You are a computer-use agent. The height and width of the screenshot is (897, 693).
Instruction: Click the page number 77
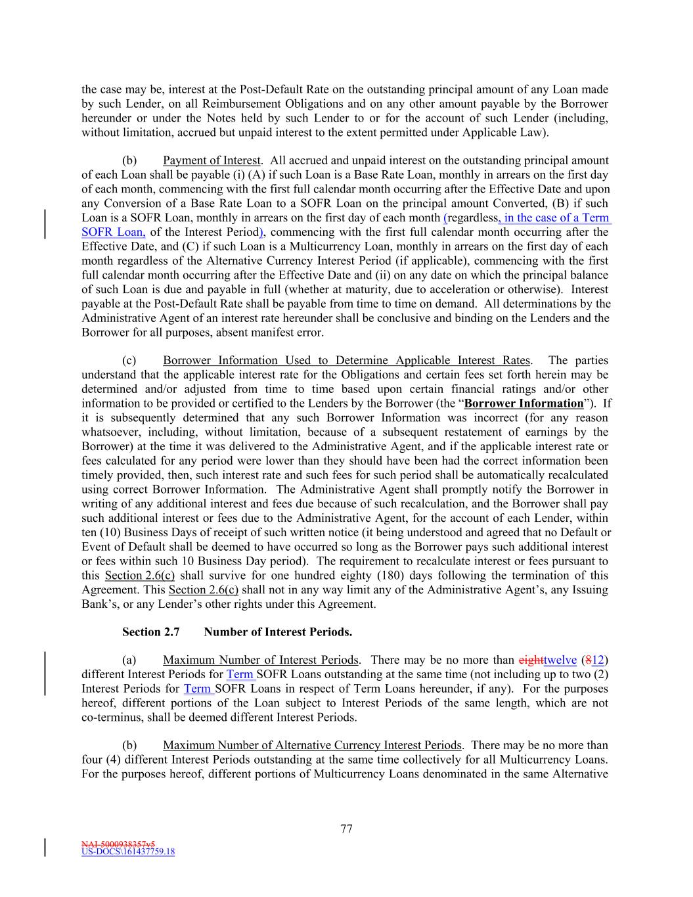coord(346,829)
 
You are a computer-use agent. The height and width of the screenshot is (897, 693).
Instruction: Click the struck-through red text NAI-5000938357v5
coord(118,844)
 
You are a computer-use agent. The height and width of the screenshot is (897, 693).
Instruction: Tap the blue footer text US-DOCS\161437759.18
coord(128,852)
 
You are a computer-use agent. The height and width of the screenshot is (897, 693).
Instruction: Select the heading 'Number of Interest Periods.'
coord(278,632)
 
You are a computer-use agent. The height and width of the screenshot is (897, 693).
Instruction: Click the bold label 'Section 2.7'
coord(150,632)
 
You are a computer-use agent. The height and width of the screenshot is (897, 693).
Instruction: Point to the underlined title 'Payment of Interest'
coord(212,160)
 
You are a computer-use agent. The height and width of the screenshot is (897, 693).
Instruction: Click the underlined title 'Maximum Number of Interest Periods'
coord(261,660)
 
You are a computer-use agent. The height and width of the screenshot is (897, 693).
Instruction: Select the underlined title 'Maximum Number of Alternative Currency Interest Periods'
coord(313,745)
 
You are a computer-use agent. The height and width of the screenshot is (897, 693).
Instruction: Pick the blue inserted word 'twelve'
coord(560,660)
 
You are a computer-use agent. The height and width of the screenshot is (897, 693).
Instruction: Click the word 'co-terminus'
coord(110,717)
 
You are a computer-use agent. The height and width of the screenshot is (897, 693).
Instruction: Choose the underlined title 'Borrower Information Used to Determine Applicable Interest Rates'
coord(346,360)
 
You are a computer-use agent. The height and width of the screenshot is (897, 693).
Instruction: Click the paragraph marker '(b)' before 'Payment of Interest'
coord(129,160)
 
